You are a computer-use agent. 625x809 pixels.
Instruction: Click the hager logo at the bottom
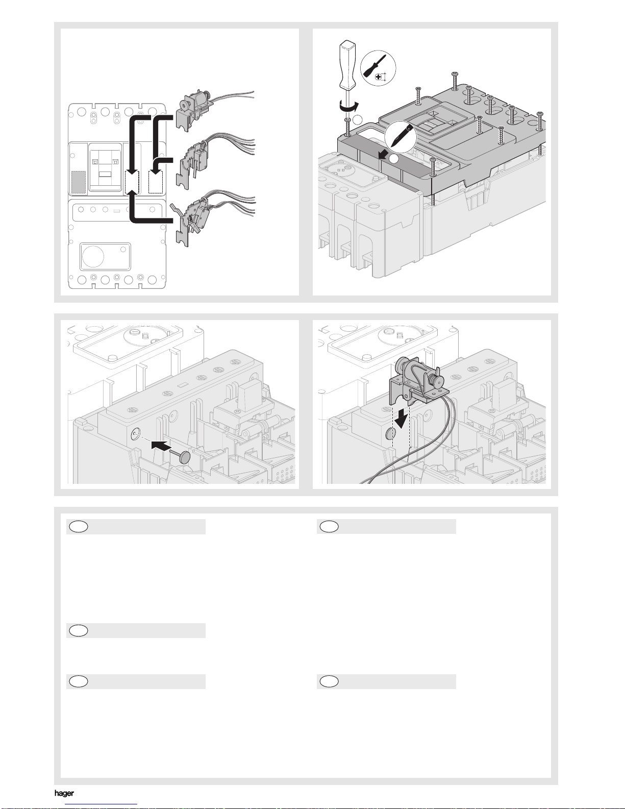coord(64,793)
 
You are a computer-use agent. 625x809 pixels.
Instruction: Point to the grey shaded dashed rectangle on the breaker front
coord(78,181)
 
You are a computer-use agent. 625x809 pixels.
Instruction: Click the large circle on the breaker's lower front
coord(93,257)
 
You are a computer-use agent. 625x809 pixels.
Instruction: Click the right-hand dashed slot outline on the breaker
coord(156,182)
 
